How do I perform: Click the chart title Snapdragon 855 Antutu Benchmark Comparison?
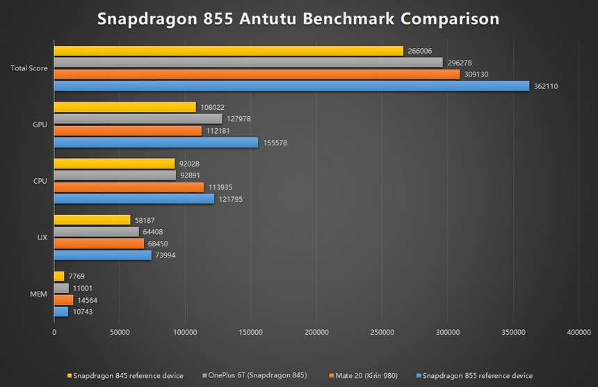tap(298, 19)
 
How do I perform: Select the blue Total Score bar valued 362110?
tap(291, 86)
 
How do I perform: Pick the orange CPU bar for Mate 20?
tap(129, 187)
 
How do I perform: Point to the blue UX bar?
tap(102, 255)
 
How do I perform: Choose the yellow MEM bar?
tap(59, 276)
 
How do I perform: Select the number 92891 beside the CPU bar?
tap(191, 176)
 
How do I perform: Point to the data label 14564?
tap(89, 300)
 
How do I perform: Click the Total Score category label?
tap(29, 68)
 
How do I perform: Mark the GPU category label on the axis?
tap(40, 125)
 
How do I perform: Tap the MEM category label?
tap(39, 294)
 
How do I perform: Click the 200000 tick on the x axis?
tap(316, 333)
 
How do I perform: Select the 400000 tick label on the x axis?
tap(579, 333)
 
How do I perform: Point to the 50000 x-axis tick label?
tap(120, 333)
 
